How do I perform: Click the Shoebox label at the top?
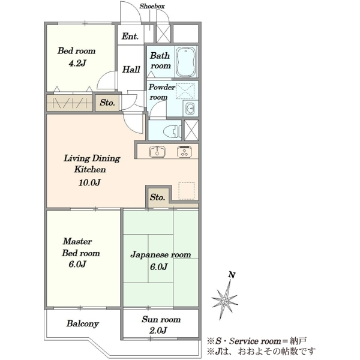point(152,6)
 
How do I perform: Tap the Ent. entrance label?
point(130,36)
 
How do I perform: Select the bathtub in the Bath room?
point(186,62)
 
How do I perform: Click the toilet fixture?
point(172,131)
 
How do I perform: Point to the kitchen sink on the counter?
point(157,151)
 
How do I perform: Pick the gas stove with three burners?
point(185,151)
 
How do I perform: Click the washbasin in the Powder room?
point(190,108)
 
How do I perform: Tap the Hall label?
point(131,69)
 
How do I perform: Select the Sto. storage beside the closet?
point(107,103)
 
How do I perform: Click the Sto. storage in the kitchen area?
point(157,197)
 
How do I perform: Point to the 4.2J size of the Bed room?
point(77,63)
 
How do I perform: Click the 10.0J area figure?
point(89,182)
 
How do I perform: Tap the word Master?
point(77,241)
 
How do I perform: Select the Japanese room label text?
point(161,255)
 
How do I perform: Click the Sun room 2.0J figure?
point(158,331)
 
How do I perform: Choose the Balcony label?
point(83,323)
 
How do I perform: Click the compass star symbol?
point(225,301)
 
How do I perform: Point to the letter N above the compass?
point(232,275)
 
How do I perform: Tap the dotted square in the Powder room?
point(185,91)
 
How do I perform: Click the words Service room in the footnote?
point(255,341)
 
